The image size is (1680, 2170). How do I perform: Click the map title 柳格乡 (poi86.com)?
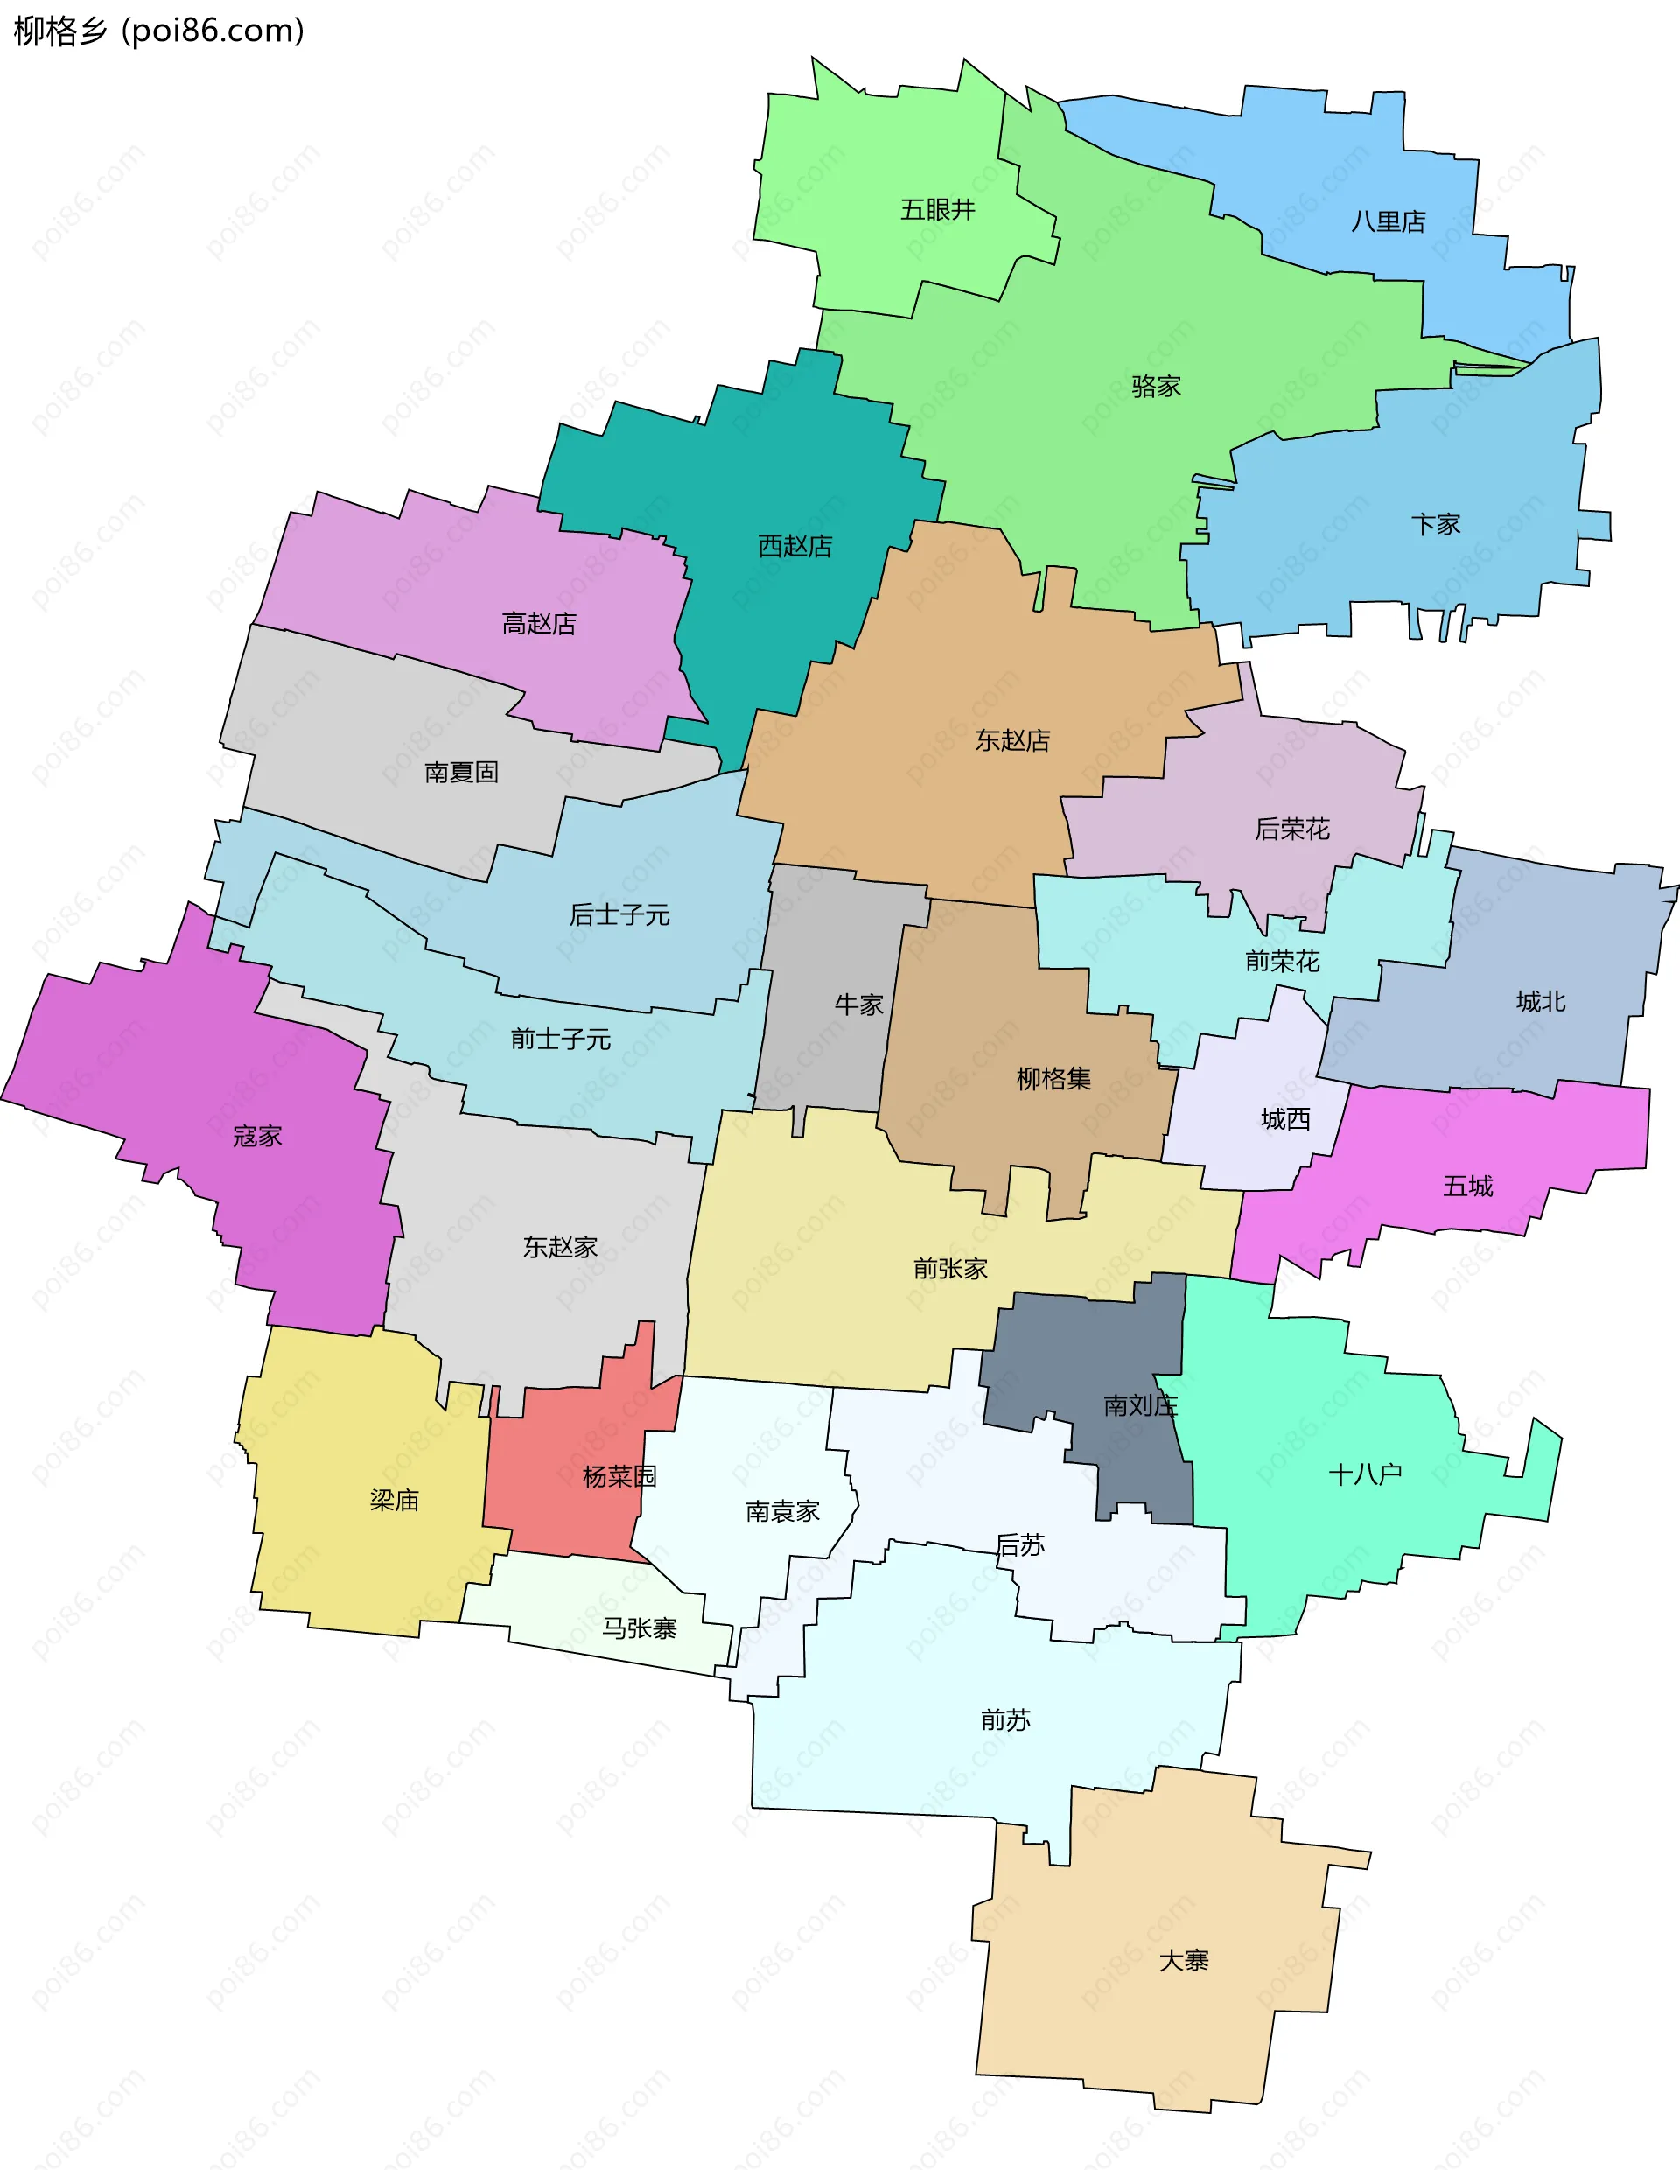point(159,31)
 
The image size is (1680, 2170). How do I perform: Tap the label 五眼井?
point(937,210)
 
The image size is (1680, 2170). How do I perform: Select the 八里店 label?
point(1388,221)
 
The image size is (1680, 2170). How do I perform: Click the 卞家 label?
point(1436,525)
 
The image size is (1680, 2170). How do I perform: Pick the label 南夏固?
point(461,772)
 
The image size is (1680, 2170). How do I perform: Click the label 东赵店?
point(1011,740)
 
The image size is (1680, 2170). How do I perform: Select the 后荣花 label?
point(1291,829)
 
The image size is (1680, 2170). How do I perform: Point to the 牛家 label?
point(858,1004)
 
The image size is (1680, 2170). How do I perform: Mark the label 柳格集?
point(1053,1079)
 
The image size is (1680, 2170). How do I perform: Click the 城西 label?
point(1284,1120)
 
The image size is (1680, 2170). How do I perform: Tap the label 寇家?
point(257,1136)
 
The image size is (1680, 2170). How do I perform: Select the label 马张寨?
point(639,1628)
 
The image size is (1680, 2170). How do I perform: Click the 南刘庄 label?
point(1139,1406)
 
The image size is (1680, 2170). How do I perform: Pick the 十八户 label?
point(1364,1474)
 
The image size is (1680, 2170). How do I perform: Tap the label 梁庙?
point(395,1501)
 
